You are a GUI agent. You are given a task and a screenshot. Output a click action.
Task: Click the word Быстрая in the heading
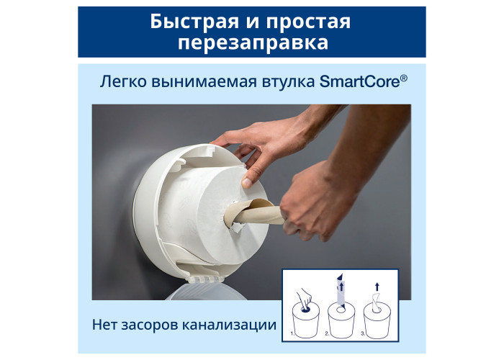[x=194, y=22]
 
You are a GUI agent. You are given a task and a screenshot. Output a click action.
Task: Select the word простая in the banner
[x=308, y=22]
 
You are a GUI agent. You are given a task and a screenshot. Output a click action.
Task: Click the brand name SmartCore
[x=360, y=81]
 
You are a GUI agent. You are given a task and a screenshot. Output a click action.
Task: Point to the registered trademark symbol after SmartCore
[x=404, y=78]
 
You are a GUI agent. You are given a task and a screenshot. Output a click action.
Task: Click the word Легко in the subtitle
[x=123, y=81]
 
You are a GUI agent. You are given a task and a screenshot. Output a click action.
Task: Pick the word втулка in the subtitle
[x=288, y=81]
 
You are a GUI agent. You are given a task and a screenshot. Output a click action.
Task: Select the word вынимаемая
[x=204, y=82]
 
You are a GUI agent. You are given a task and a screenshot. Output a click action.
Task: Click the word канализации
[x=229, y=325]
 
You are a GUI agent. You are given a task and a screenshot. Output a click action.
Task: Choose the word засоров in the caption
[x=149, y=325]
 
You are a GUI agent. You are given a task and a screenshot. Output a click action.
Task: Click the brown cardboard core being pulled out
[x=254, y=213]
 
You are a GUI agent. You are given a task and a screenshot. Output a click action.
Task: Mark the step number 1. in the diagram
[x=292, y=334]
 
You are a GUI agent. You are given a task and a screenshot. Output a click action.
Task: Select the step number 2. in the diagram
[x=327, y=334]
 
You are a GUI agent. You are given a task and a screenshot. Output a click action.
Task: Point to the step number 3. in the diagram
[x=363, y=334]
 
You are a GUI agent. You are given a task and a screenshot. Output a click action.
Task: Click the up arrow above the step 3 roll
[x=377, y=287]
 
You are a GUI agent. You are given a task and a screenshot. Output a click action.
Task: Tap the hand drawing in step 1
[x=304, y=298]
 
